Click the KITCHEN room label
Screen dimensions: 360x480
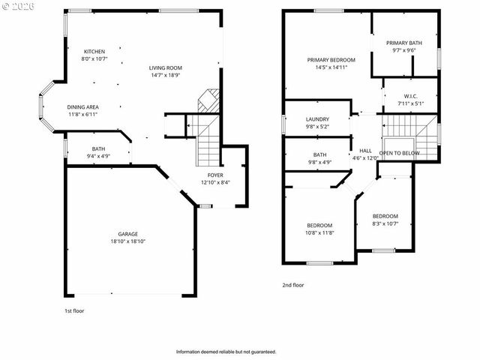(x=94, y=51)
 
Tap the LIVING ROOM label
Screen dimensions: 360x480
(x=165, y=67)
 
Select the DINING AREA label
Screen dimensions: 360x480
(x=82, y=107)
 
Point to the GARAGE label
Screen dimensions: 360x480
(x=127, y=234)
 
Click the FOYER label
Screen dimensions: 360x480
(x=215, y=175)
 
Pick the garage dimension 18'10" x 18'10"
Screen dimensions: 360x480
(x=127, y=241)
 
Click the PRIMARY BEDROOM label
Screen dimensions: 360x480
(x=331, y=59)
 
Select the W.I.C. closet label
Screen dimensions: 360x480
(x=410, y=95)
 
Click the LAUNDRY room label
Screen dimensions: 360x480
(x=317, y=119)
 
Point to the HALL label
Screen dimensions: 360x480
(x=365, y=150)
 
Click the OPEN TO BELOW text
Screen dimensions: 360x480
(x=399, y=152)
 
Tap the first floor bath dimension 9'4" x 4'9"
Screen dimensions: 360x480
(x=99, y=156)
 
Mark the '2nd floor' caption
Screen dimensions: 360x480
(x=293, y=285)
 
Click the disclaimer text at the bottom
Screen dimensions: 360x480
(x=226, y=351)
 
